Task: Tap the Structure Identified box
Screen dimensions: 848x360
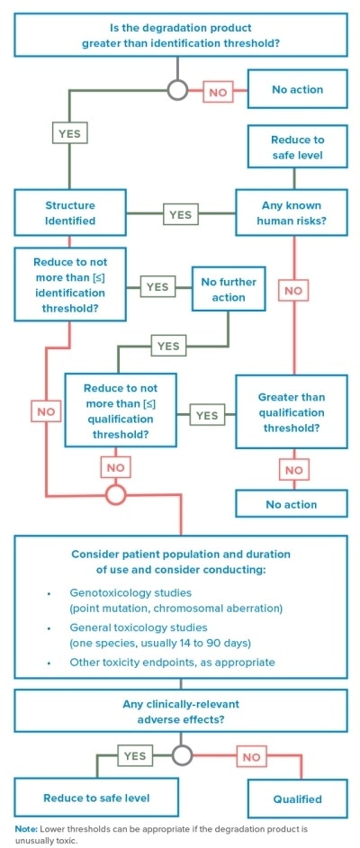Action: (69, 213)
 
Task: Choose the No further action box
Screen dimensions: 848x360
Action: (228, 289)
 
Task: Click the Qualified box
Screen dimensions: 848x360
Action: (297, 798)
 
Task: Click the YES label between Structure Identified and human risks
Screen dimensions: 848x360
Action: (180, 215)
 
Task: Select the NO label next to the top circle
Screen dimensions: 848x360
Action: (218, 91)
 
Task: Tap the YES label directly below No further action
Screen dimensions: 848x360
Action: (167, 346)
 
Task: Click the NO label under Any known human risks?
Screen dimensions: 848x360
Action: (292, 290)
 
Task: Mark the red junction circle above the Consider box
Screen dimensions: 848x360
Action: (116, 493)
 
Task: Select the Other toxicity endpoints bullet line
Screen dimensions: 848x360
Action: (172, 662)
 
